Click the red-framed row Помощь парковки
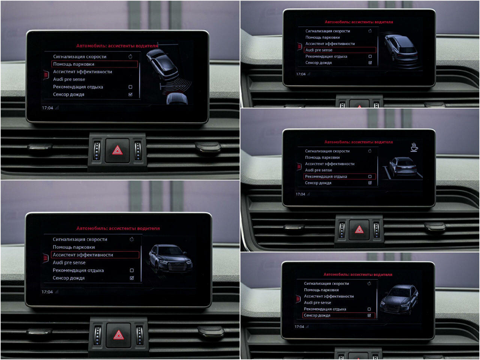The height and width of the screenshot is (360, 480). (x=94, y=64)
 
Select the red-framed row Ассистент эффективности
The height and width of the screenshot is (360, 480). (x=95, y=255)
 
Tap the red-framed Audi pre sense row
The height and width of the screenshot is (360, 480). (x=340, y=50)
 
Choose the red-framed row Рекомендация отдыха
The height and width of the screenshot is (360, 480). (x=340, y=176)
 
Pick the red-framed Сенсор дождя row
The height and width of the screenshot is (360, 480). (x=339, y=315)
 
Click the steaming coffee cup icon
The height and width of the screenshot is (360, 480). (x=414, y=147)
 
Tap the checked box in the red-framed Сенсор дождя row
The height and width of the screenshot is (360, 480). (x=369, y=315)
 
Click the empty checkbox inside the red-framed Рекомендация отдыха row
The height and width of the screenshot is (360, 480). (x=370, y=176)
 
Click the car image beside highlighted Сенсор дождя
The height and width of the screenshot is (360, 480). (x=399, y=300)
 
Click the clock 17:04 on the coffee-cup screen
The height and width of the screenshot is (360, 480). (x=300, y=194)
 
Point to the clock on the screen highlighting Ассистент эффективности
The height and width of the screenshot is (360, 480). (x=47, y=292)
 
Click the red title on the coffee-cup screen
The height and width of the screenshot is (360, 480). (x=358, y=142)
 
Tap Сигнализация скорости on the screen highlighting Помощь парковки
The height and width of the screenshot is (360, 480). (x=79, y=57)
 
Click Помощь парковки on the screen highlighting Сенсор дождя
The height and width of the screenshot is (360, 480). (x=321, y=290)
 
